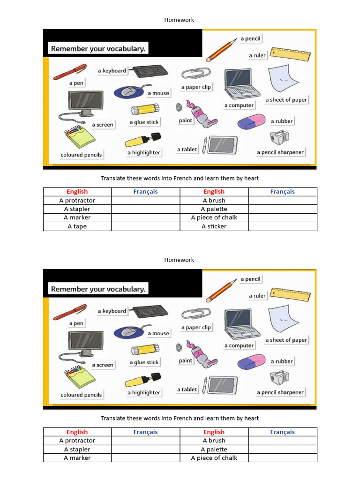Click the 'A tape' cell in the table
click(77, 226)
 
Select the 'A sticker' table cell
click(214, 226)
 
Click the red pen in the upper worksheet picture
click(69, 72)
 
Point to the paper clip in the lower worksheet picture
click(196, 314)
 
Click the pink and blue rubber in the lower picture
click(251, 362)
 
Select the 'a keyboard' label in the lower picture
click(112, 311)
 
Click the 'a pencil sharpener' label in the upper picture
click(280, 152)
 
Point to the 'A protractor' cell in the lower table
click(77, 441)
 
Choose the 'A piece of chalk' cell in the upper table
click(214, 217)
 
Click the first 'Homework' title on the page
click(179, 20)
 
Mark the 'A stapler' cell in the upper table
click(77, 209)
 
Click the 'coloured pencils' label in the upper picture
click(81, 155)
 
